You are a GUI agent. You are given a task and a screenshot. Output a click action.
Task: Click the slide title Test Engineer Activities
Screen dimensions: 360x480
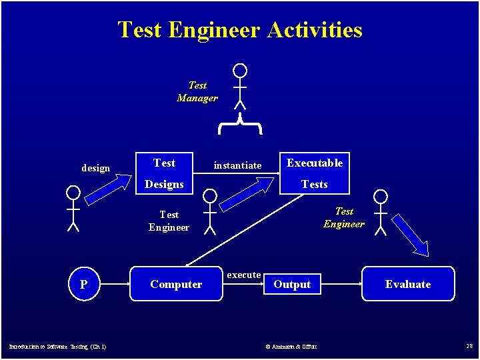[240, 30]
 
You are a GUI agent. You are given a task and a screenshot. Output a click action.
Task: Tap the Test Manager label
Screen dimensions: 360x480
[197, 91]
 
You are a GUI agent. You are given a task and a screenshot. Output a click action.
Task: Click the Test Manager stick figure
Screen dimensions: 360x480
[240, 86]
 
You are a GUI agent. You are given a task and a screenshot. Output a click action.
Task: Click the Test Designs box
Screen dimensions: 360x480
[164, 173]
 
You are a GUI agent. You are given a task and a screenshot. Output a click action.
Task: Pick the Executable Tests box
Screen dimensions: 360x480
[314, 173]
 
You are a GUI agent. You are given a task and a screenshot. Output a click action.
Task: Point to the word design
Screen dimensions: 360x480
[95, 168]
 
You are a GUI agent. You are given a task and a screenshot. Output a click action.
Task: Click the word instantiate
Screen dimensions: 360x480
[237, 165]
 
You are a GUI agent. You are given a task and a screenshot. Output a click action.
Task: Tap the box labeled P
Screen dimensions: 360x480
[83, 284]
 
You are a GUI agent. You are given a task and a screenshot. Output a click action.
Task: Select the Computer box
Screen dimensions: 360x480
[176, 284]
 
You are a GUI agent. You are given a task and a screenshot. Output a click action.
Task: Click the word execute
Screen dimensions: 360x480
[244, 275]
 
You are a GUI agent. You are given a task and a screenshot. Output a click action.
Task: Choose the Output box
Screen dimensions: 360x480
[292, 284]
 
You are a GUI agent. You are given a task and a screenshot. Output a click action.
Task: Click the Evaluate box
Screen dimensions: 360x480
[408, 284]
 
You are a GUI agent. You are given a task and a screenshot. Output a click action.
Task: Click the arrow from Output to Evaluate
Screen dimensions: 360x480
[340, 284]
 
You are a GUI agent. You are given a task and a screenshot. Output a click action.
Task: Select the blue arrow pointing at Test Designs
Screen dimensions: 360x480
[110, 189]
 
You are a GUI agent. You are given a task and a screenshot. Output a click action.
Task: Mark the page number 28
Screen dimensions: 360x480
[469, 345]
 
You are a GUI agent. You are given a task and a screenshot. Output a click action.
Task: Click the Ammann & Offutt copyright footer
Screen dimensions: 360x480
[291, 346]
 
